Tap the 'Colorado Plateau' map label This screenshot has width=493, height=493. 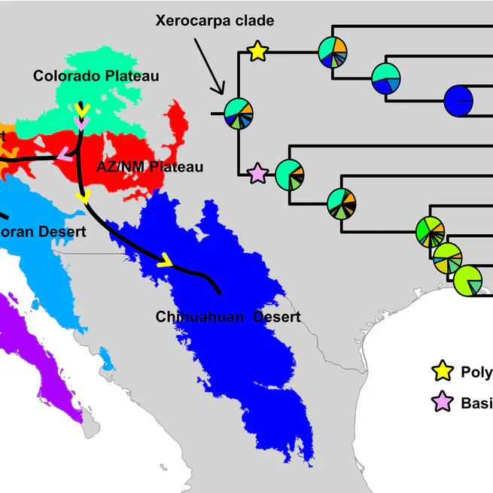(96, 75)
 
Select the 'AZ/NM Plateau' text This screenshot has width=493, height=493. (150, 166)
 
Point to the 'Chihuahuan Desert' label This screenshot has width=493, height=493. (228, 317)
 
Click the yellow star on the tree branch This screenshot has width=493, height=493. (257, 51)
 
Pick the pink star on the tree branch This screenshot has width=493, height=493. (257, 175)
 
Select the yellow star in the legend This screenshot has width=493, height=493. (442, 371)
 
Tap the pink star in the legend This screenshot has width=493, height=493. (442, 403)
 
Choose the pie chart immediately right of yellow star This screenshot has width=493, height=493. (332, 51)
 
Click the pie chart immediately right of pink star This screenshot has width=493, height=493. (290, 175)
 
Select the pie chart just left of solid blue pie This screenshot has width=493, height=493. (385, 78)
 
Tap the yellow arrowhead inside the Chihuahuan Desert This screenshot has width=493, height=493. (165, 261)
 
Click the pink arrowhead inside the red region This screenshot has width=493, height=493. (65, 156)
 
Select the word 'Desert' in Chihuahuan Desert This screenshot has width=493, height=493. (276, 317)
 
